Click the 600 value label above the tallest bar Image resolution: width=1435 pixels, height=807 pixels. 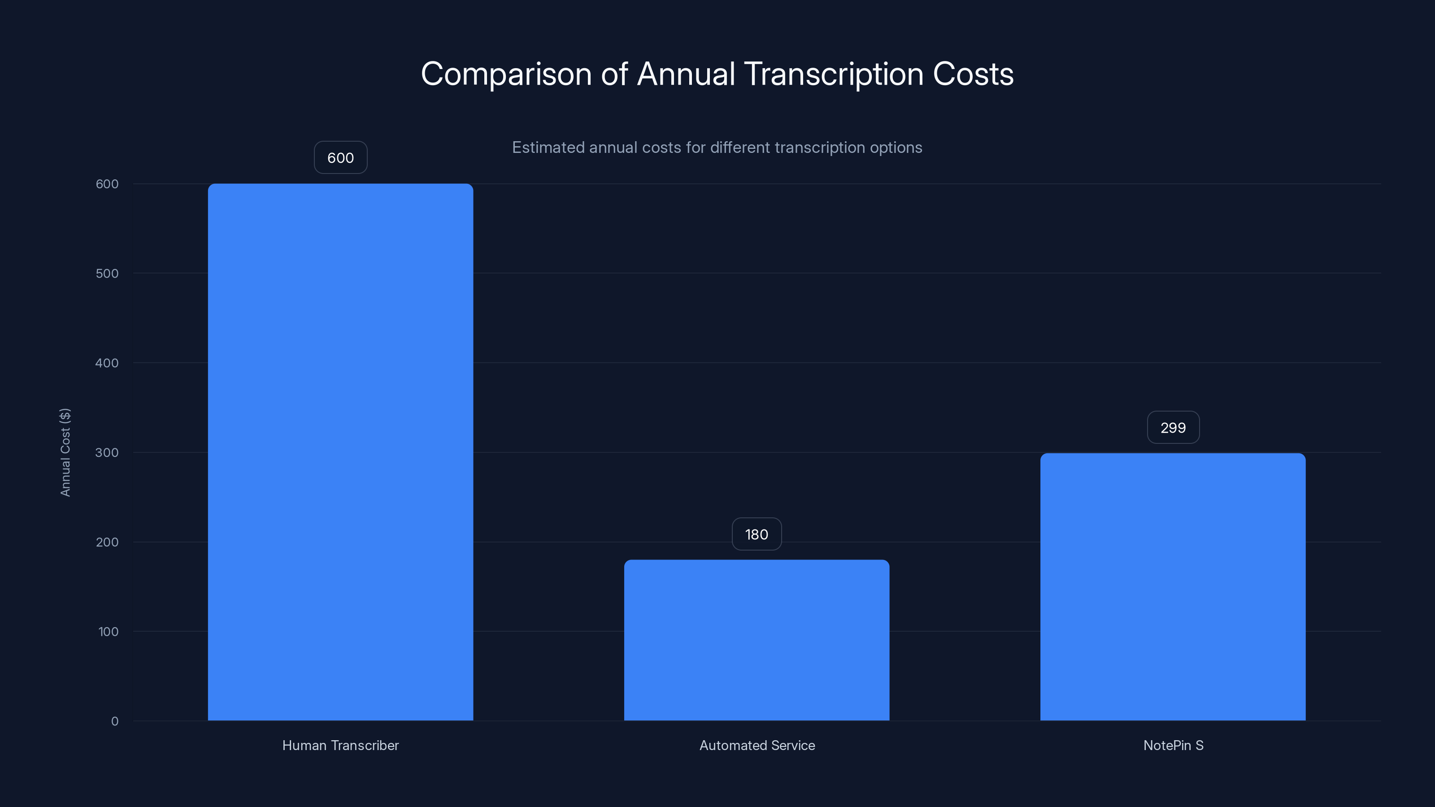click(x=340, y=158)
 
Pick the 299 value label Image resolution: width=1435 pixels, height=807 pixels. click(x=1173, y=428)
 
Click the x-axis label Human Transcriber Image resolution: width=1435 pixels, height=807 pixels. click(x=340, y=745)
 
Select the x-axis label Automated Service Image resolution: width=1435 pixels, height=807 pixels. click(x=757, y=745)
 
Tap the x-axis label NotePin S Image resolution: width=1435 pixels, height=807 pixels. click(x=1173, y=745)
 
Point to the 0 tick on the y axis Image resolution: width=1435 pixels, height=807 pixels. click(x=115, y=721)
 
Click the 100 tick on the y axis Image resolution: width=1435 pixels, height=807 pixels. click(x=108, y=632)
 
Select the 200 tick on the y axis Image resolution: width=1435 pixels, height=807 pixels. click(x=107, y=542)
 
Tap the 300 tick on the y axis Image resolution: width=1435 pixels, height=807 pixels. click(x=107, y=452)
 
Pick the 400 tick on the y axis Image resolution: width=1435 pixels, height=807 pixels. click(x=107, y=363)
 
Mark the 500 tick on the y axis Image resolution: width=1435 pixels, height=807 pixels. click(x=107, y=273)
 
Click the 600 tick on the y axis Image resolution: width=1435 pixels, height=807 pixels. click(x=107, y=184)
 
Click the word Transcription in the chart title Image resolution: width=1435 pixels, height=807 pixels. click(x=833, y=74)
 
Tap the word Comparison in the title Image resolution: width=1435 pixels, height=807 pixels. click(x=506, y=74)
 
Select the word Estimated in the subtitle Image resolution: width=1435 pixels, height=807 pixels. click(x=548, y=148)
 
